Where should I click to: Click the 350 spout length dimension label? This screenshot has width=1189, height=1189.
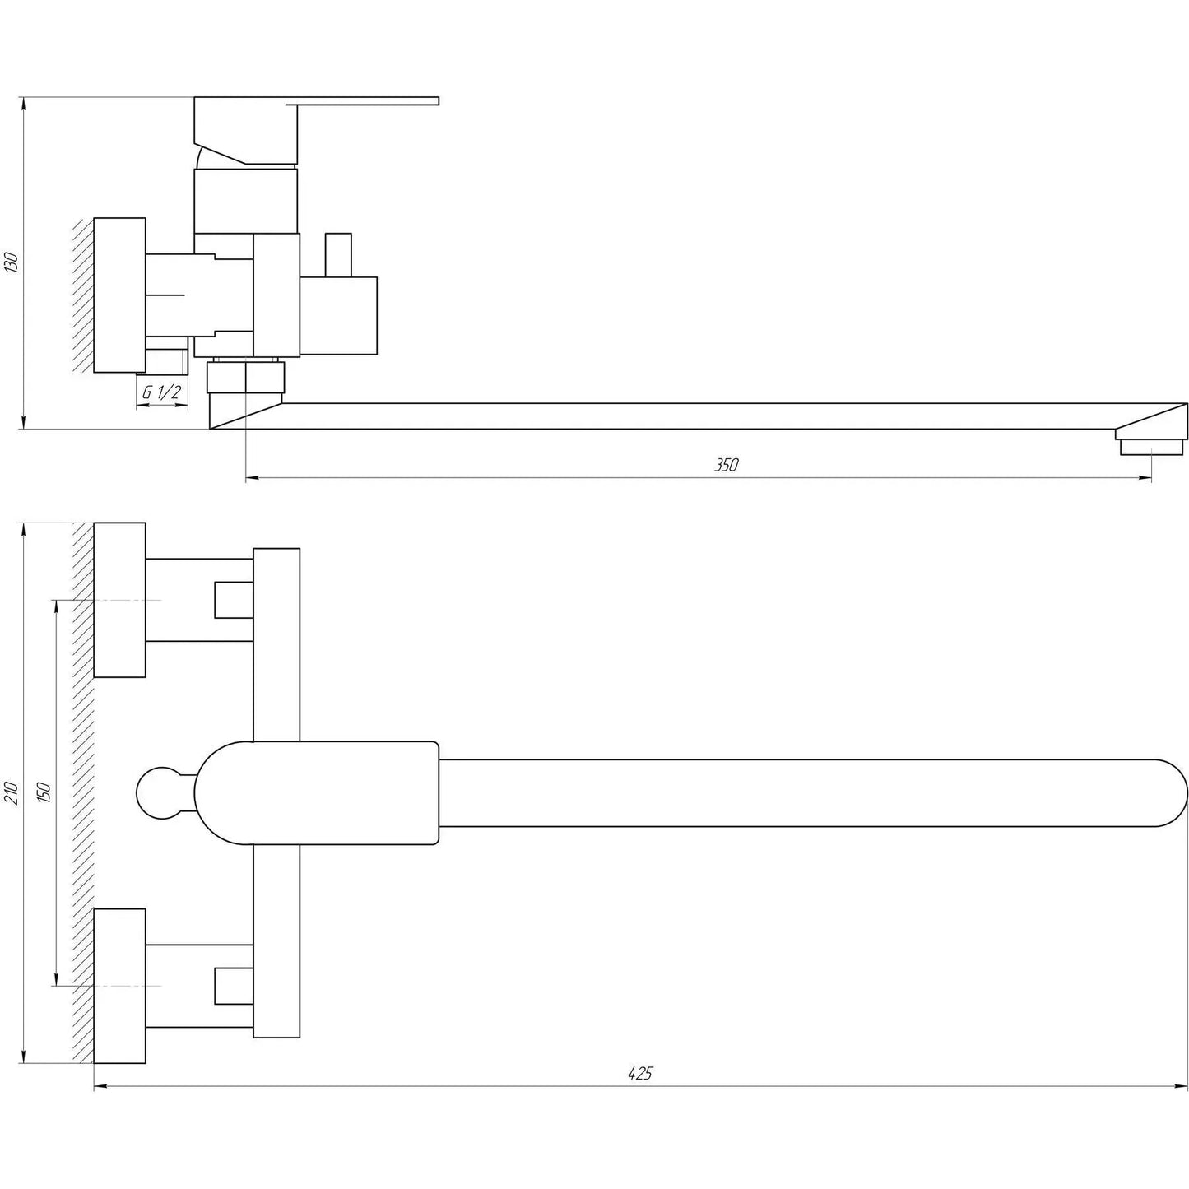[727, 465]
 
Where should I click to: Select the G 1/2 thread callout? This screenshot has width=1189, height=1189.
[161, 392]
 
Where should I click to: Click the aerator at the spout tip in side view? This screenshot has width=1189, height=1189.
[1152, 447]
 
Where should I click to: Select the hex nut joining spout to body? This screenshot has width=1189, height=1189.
[246, 376]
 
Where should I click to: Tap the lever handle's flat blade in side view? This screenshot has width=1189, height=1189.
[368, 100]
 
